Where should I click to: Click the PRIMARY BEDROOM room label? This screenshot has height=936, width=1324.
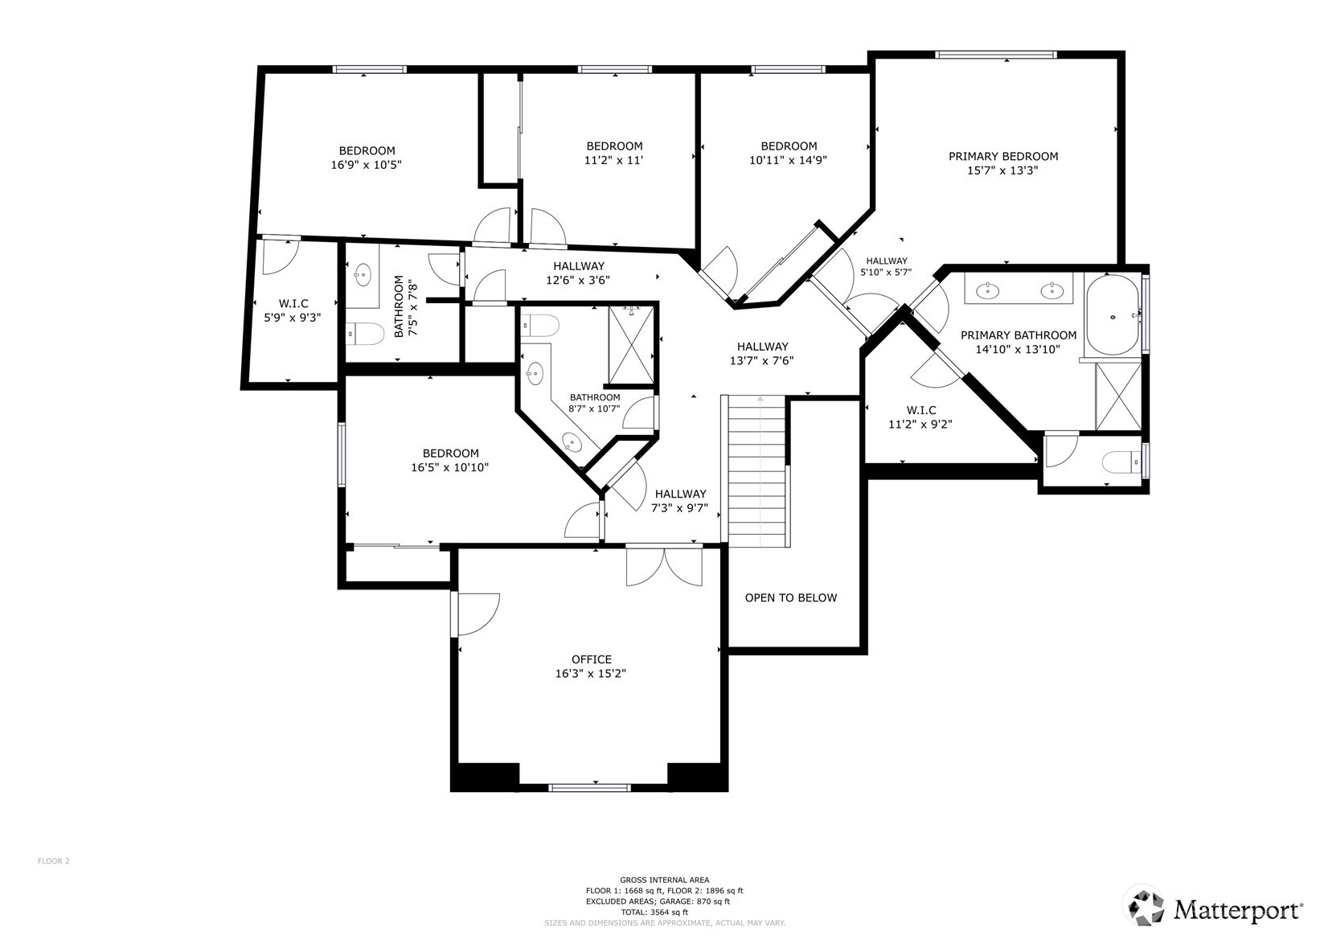tap(1002, 157)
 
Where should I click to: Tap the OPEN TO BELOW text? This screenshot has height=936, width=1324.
tap(790, 597)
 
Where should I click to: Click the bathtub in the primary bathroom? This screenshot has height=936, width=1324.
tap(1113, 316)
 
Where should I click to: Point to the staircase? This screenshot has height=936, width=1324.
tap(757, 470)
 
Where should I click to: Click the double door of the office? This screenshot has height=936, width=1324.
tap(664, 565)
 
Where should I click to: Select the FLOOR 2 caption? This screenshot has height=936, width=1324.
tap(54, 861)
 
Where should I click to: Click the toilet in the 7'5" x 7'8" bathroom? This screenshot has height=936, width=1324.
tap(366, 333)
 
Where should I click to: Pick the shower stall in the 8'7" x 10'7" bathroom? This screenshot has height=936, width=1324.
tap(632, 345)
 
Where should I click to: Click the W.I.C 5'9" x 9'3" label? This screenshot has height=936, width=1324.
tap(293, 310)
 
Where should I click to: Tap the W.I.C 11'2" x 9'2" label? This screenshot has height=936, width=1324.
tap(920, 417)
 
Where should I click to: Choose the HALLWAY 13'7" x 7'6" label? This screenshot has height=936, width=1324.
tap(761, 354)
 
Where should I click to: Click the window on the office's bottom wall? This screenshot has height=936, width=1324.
tap(589, 787)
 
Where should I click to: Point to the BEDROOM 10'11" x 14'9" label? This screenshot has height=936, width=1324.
tap(788, 153)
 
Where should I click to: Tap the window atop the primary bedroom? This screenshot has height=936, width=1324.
tap(995, 55)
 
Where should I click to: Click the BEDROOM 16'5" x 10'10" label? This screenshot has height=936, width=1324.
tap(450, 460)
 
